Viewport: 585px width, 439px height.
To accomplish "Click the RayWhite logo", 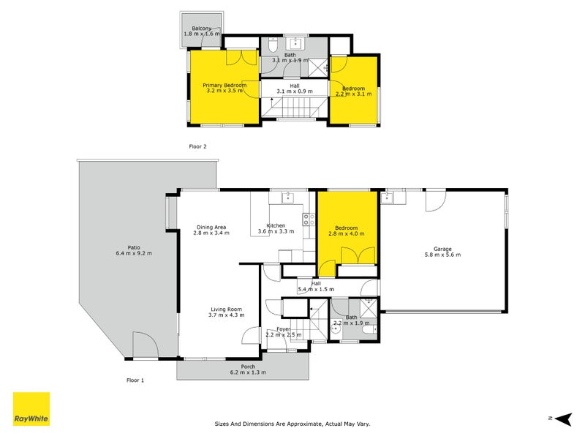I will [x=31, y=409].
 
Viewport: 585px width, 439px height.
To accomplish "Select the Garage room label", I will [x=442, y=249].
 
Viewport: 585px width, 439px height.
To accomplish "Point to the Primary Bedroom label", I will [x=224, y=86].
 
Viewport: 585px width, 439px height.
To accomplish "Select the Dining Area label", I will [x=211, y=226].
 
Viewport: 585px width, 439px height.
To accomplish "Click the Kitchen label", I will [x=276, y=225].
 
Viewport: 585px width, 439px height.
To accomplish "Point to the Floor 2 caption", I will [x=198, y=146].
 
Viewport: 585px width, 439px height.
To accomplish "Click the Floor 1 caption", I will [x=135, y=380].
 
